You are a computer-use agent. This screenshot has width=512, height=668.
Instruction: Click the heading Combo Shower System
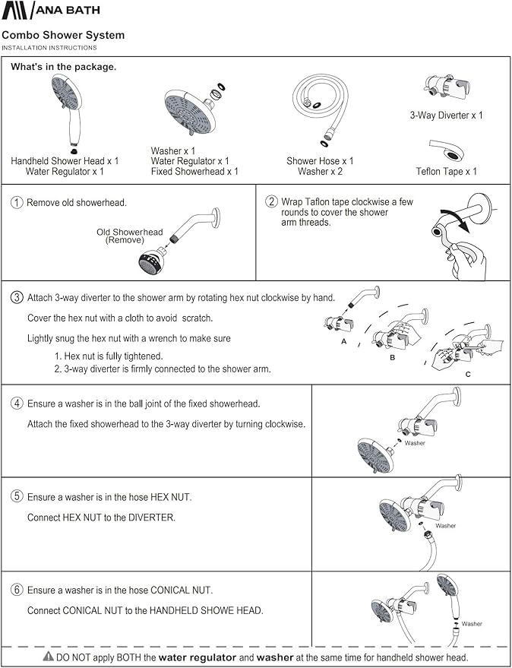(63, 35)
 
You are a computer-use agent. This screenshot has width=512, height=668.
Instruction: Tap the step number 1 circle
(17, 203)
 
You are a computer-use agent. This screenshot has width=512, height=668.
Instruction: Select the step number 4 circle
(17, 404)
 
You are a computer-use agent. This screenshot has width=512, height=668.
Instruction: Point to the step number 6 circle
(17, 590)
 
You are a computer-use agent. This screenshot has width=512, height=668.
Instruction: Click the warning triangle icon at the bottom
(48, 657)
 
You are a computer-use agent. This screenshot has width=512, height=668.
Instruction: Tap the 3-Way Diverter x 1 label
(446, 116)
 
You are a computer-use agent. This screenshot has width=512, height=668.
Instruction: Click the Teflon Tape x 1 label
(446, 172)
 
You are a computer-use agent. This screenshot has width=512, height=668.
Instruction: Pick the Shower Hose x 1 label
(320, 161)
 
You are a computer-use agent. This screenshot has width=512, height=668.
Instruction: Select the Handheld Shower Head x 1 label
(65, 161)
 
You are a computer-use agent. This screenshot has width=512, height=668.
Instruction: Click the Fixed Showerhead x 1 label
(194, 172)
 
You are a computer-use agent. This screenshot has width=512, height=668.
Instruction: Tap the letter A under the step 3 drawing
(343, 343)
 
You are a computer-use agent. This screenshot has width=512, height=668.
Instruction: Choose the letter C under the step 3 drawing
(468, 374)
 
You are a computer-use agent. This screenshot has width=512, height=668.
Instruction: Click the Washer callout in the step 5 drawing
(445, 526)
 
